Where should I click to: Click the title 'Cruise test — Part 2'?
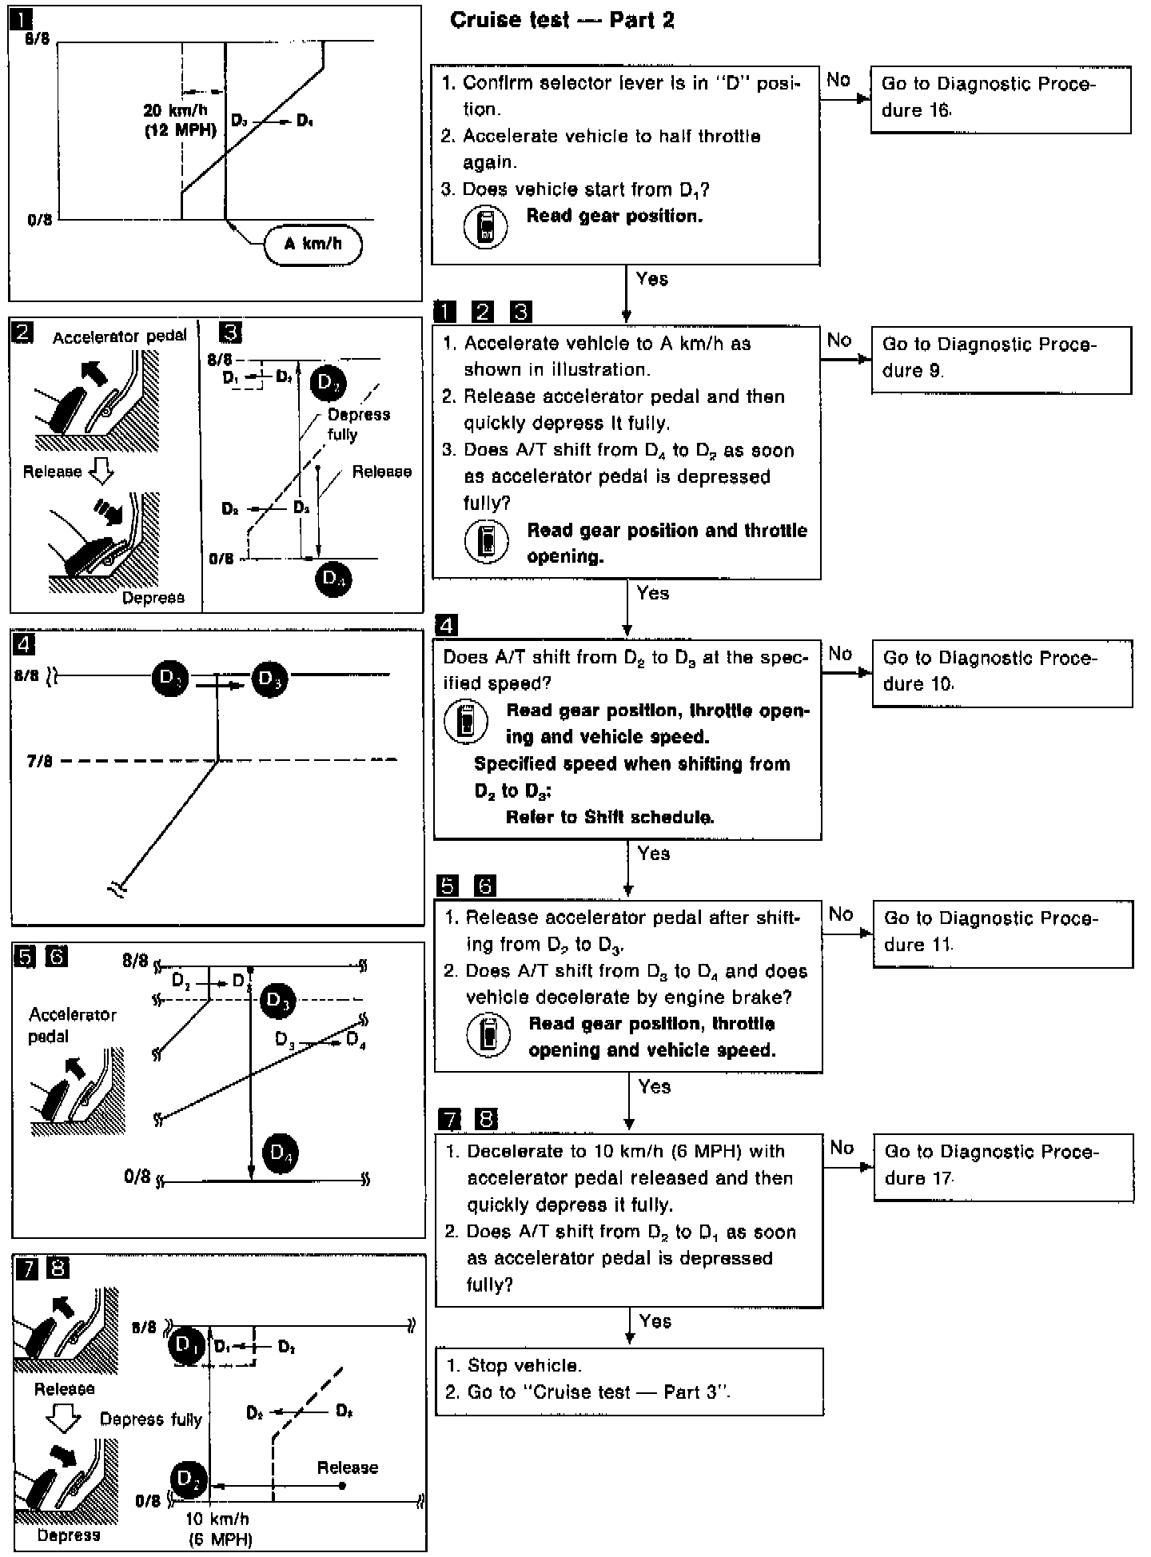[562, 20]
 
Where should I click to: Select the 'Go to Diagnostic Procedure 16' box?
[1000, 99]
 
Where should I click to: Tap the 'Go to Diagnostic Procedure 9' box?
[1001, 359]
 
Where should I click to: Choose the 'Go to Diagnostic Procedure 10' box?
[1002, 672]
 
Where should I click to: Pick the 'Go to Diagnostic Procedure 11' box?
[1002, 933]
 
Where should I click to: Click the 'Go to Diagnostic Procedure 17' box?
[1003, 1166]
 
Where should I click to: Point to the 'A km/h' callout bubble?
[313, 245]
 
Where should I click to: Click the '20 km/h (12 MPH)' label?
[181, 121]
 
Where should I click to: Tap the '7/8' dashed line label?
[40, 761]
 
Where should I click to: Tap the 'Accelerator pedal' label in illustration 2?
[120, 337]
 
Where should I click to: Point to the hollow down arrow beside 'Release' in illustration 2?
[101, 472]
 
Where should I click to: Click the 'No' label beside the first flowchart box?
[838, 80]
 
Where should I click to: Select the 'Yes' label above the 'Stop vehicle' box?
[655, 1321]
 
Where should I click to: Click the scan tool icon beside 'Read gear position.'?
[485, 227]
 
